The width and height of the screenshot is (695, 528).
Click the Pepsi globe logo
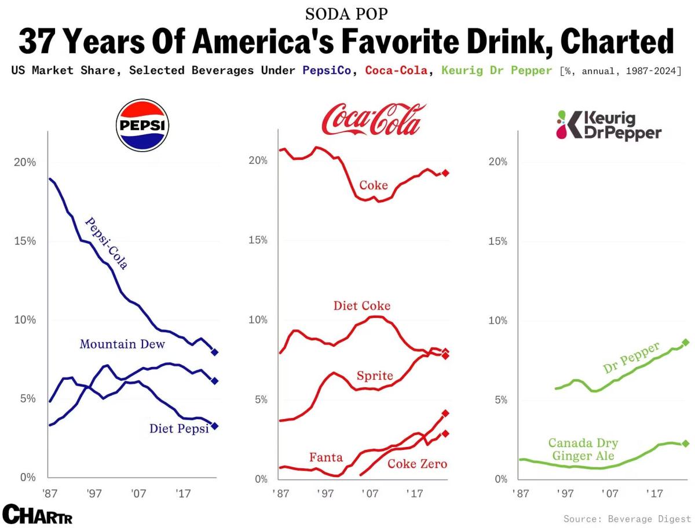142,124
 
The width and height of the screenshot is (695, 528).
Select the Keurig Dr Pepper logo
608,125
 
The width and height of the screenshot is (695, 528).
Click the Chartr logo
37,514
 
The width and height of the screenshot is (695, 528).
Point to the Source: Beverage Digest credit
627,518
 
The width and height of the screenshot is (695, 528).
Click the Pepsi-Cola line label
105,244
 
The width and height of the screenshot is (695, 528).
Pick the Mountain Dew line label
122,344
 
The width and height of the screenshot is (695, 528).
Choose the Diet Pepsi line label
178,429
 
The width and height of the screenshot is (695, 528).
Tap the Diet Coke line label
362,306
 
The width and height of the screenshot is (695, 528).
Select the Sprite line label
375,376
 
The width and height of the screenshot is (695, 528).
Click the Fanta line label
326,457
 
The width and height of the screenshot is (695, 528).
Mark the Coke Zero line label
418,464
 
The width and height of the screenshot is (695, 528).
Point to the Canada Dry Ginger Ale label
583,450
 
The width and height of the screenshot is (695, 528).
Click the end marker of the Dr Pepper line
686,342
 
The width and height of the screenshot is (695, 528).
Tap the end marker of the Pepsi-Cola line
214,352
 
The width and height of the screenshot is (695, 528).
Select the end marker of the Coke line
446,173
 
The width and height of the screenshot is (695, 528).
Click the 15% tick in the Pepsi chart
25,241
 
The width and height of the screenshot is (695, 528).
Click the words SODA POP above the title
346,13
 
